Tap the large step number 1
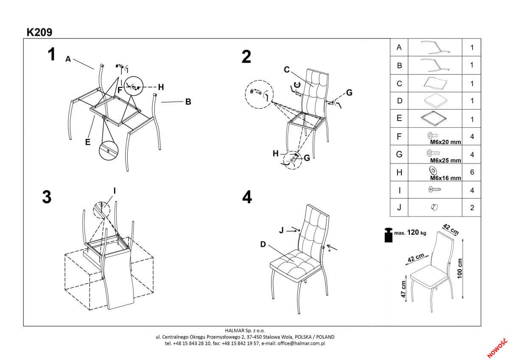point(51,55)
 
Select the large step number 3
point(47,197)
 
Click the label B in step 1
point(187,102)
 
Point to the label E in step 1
point(87,142)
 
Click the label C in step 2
point(286,69)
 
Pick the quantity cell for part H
point(472,172)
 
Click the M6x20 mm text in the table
point(445,142)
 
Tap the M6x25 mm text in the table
point(445,160)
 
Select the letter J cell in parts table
point(399,208)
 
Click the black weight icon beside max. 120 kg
point(388,235)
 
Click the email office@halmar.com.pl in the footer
point(301,343)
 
